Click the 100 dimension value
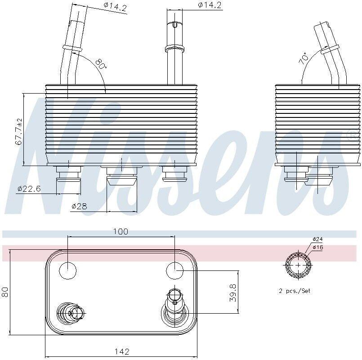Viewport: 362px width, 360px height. [121, 231]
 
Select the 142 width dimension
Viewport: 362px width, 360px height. [121, 351]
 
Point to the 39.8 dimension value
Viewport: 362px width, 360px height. [246, 293]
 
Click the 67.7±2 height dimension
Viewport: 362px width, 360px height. [19, 131]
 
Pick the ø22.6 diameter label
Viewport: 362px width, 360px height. [29, 189]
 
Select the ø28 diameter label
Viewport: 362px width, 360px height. [79, 207]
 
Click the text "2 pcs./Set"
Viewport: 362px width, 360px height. [294, 291]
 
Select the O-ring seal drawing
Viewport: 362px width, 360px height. [299, 265]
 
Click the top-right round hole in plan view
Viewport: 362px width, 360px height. [175, 271]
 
